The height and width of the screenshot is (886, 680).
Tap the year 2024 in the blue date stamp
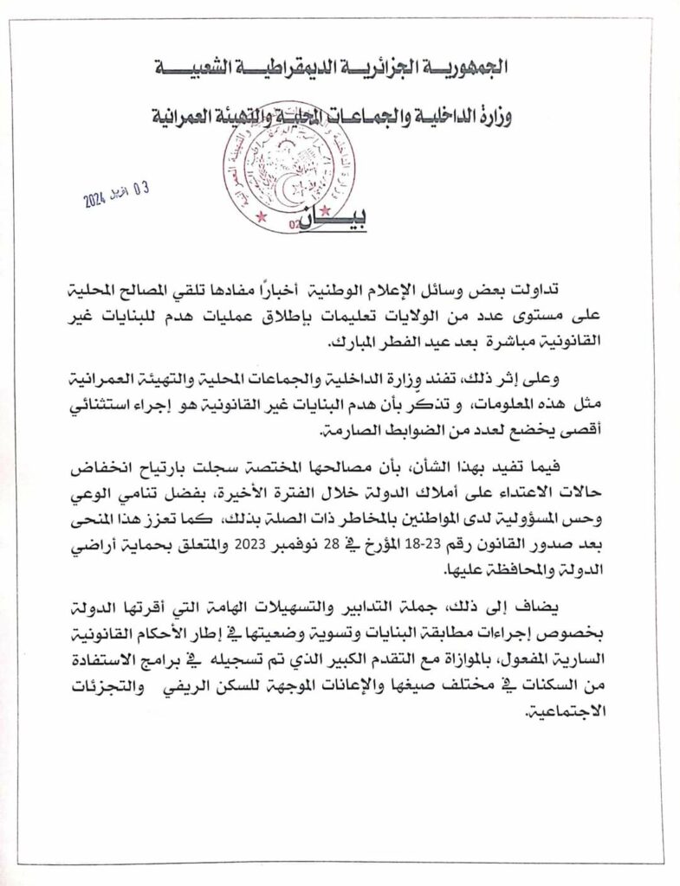tap(94, 202)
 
